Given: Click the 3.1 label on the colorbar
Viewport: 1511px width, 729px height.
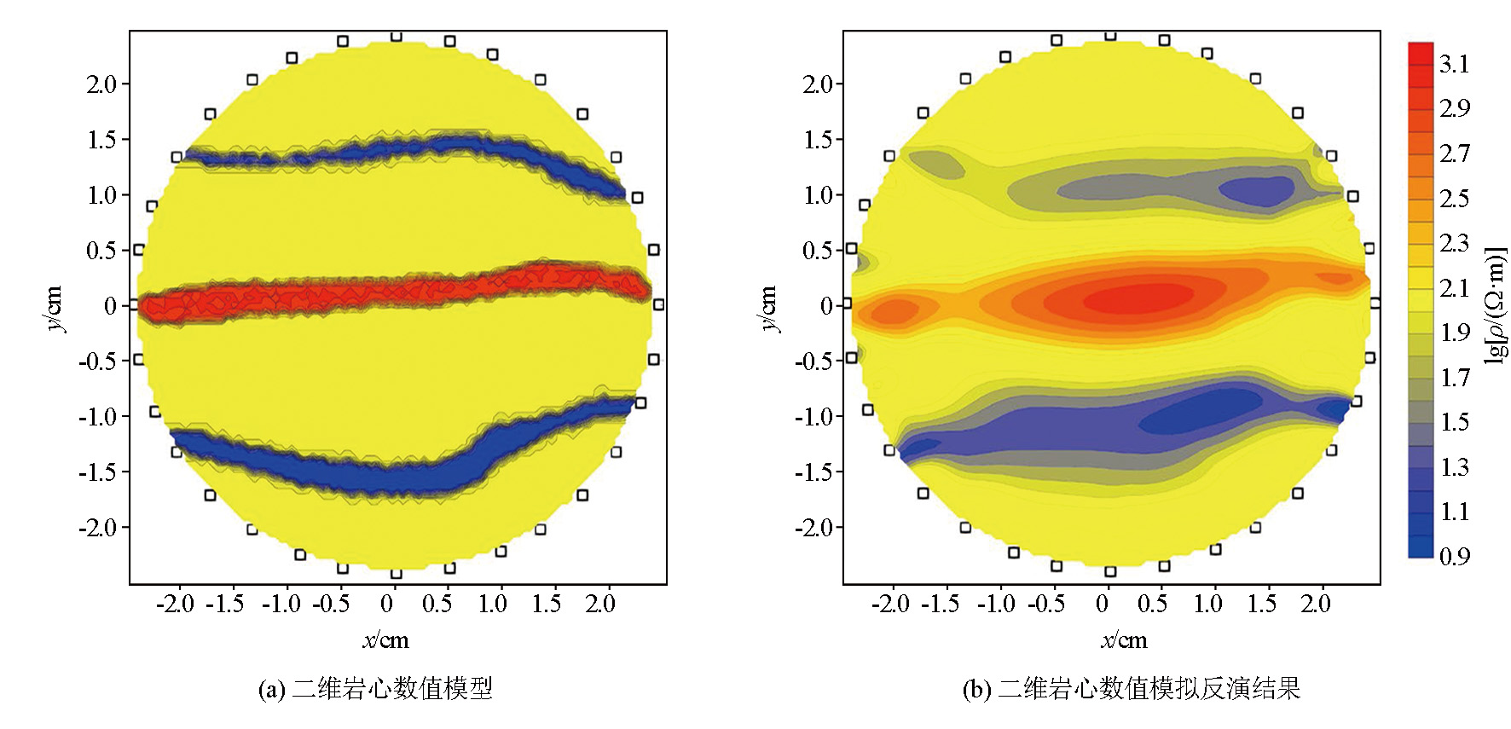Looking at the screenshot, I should [1454, 64].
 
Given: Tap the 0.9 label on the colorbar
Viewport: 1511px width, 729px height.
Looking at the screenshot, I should [1454, 557].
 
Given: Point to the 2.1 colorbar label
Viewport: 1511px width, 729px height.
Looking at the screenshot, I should [1454, 288].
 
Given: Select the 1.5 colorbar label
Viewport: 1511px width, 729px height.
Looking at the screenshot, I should [1454, 422].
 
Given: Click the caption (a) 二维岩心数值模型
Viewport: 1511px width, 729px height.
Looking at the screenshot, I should [375, 688].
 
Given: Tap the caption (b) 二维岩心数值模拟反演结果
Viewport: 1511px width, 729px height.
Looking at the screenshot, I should [1131, 688].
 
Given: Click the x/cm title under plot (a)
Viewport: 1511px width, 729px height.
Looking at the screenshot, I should [385, 640].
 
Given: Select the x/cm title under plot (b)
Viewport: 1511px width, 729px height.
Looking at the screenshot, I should [1124, 640].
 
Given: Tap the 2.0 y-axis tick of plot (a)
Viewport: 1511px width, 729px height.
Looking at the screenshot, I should [102, 84].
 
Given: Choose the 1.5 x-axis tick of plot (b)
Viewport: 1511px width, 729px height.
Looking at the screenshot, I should [1262, 605].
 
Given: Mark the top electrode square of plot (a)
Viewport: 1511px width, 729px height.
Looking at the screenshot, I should [396, 36].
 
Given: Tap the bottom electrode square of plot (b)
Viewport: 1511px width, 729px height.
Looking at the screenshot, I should [1110, 571].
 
